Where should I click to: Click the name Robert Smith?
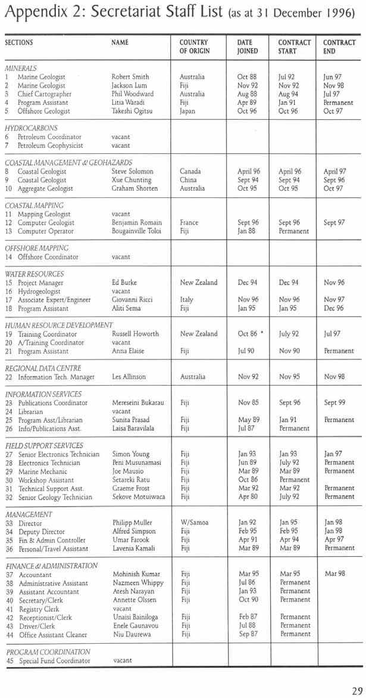click(x=130, y=77)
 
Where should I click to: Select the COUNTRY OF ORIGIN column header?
click(x=193, y=47)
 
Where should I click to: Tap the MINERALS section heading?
click(x=21, y=69)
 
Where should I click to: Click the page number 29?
click(x=356, y=690)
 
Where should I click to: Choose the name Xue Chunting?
click(x=132, y=180)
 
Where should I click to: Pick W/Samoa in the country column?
click(x=194, y=523)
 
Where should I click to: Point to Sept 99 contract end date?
click(x=334, y=403)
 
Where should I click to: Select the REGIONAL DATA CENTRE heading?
click(x=43, y=368)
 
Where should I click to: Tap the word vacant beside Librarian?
click(x=121, y=412)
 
